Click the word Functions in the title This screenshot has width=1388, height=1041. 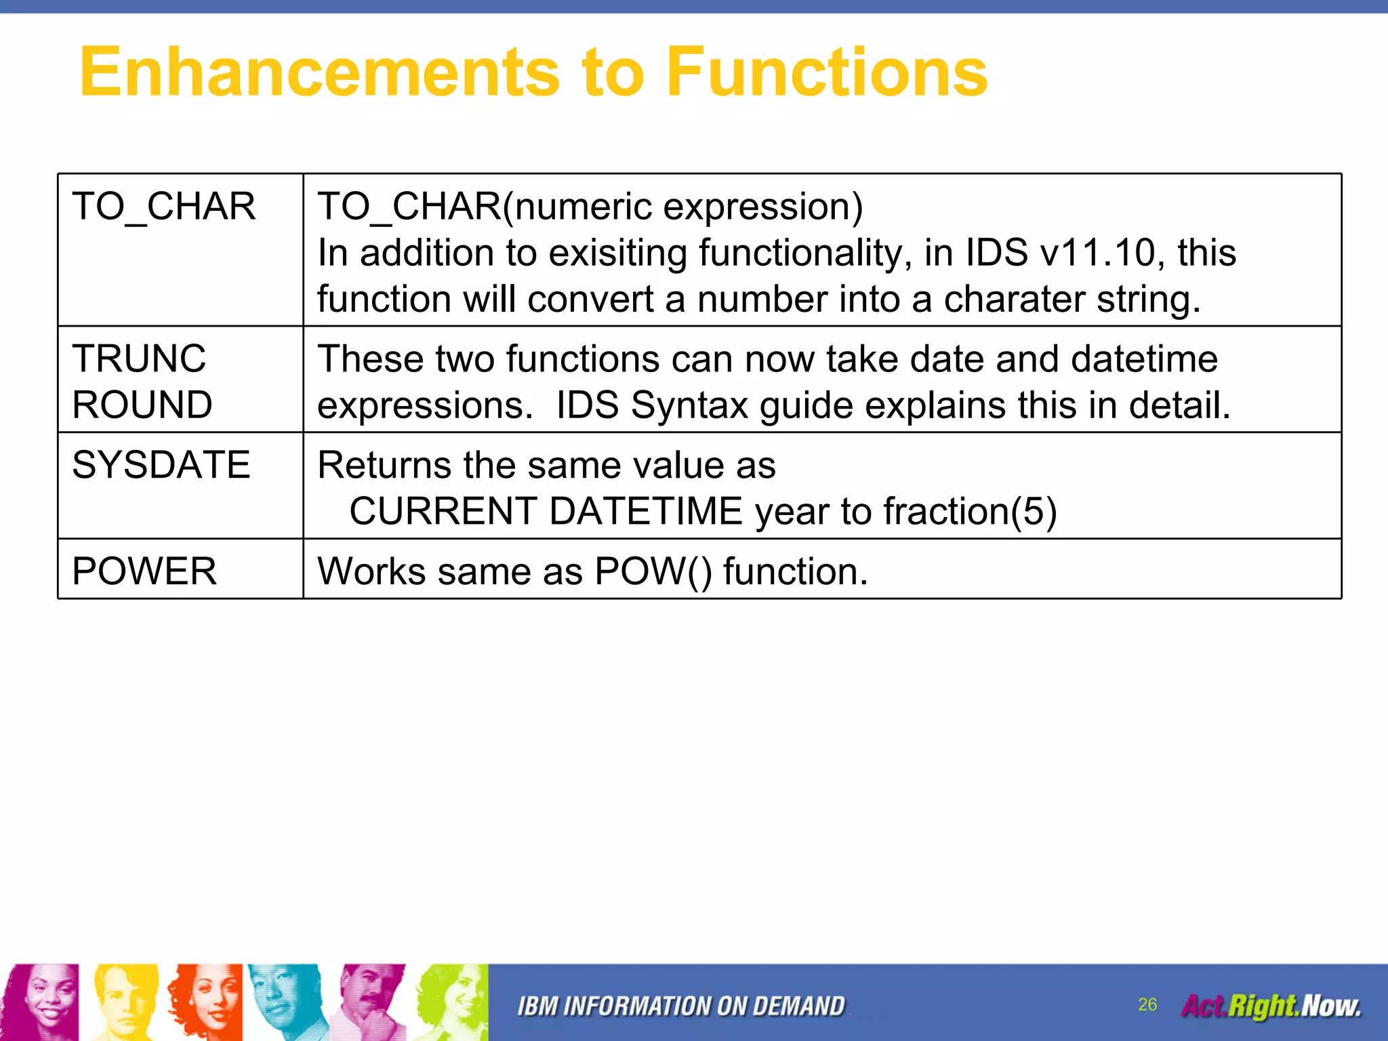826,72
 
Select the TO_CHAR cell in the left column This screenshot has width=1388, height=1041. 164,207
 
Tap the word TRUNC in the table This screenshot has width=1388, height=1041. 139,359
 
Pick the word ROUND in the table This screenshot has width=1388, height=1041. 142,405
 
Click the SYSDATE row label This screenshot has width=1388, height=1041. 161,465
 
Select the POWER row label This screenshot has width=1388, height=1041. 144,571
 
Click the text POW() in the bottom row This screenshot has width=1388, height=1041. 653,571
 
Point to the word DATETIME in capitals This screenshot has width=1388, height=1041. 646,511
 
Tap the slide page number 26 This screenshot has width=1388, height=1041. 1147,1004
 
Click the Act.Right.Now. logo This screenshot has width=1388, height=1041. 1271,1006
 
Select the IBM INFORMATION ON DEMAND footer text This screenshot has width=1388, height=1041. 681,1006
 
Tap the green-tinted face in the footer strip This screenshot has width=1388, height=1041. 451,1002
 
